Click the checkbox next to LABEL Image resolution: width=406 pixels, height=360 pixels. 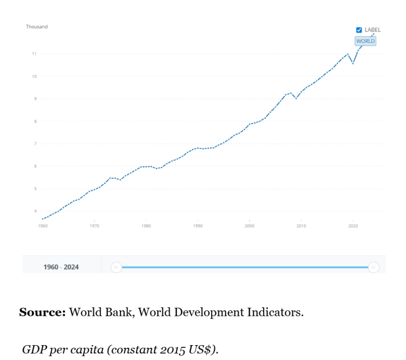359,30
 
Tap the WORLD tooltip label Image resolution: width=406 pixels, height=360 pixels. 365,41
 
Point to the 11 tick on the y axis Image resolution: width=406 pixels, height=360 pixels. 34,54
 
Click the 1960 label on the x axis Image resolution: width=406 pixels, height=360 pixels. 42,226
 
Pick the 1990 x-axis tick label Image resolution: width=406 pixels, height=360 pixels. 198,226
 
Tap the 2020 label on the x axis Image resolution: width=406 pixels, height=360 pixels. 353,226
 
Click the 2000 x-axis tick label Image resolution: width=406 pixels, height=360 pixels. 250,226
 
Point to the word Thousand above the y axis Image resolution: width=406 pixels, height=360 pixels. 36,27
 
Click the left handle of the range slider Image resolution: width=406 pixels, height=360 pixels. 116,267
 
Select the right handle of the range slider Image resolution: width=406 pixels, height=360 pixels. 373,267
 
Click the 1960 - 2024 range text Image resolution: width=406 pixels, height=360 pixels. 61,267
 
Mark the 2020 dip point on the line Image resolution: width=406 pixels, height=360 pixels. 353,64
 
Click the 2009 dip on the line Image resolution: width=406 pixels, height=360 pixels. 296,98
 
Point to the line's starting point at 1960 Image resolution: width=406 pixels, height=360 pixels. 42,219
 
